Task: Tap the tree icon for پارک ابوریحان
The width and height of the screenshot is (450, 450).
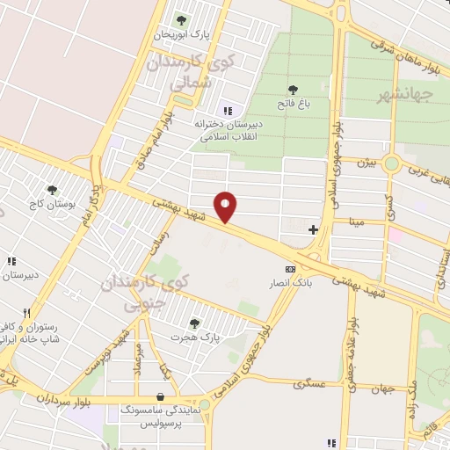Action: [181, 19]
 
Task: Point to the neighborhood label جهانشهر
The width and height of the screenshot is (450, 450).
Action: [406, 93]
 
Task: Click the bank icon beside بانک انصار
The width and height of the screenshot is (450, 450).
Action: [289, 268]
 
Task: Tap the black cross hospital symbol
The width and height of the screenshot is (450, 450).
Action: [313, 229]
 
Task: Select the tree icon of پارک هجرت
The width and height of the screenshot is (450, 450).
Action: [194, 323]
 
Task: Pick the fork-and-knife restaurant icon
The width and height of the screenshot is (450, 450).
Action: [27, 313]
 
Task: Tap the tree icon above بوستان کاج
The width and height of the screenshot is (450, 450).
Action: [53, 190]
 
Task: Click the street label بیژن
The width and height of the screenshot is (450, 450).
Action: [366, 163]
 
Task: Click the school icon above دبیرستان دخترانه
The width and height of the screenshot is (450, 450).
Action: [228, 111]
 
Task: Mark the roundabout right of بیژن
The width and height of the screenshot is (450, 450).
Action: [391, 163]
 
